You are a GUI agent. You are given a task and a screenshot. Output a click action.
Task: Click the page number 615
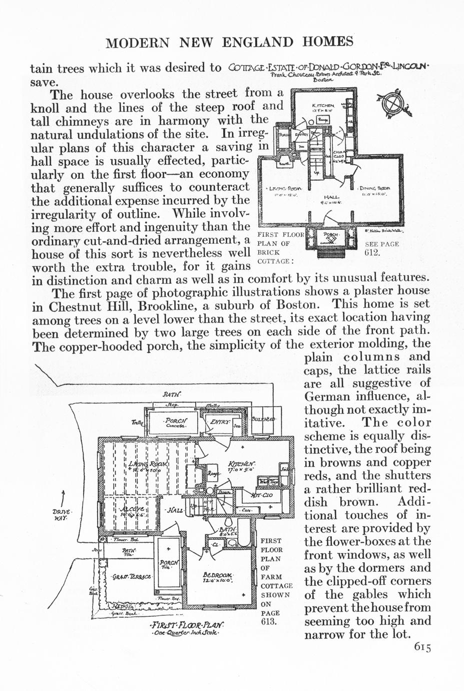tap(422, 647)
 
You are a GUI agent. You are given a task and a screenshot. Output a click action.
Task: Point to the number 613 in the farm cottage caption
tap(269, 622)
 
